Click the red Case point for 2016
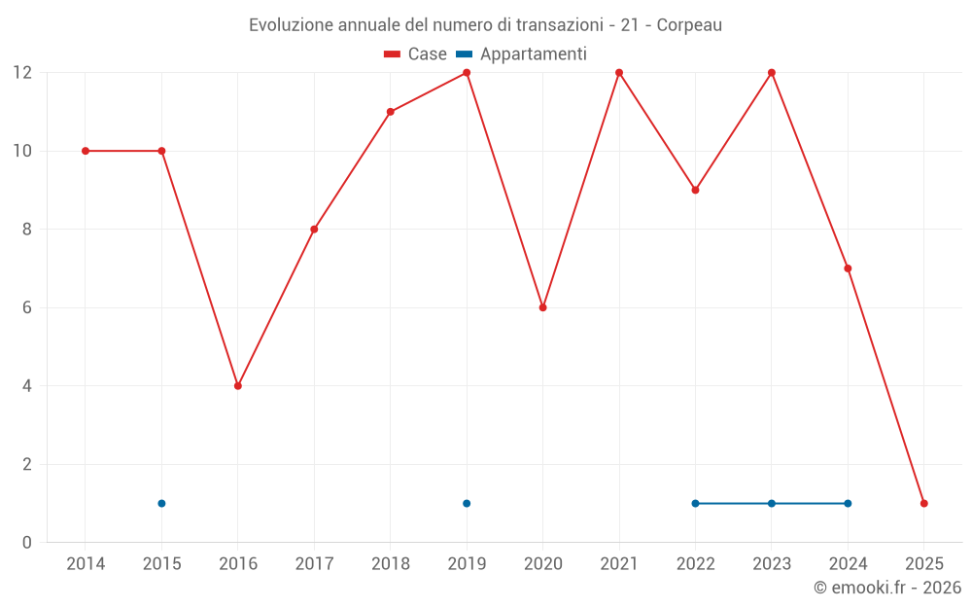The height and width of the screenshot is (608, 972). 238,386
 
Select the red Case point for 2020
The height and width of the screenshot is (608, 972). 543,307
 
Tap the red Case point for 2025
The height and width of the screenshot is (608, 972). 924,504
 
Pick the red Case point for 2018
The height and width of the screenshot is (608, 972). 391,112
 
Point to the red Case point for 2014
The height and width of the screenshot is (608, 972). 86,151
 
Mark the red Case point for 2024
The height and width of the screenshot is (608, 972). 848,268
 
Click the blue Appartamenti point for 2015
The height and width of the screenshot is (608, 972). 161,504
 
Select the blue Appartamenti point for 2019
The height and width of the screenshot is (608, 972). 467,504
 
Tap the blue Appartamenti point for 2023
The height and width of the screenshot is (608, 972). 772,504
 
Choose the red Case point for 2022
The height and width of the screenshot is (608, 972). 695,190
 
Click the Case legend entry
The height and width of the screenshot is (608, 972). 416,54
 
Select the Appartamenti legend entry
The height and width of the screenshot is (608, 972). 522,54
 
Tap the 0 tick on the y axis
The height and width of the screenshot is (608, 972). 26,543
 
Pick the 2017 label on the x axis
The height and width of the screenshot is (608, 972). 314,564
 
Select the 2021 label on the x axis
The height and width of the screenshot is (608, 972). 619,564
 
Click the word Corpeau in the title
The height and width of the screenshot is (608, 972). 689,25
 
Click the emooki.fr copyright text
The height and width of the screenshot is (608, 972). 887,588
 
